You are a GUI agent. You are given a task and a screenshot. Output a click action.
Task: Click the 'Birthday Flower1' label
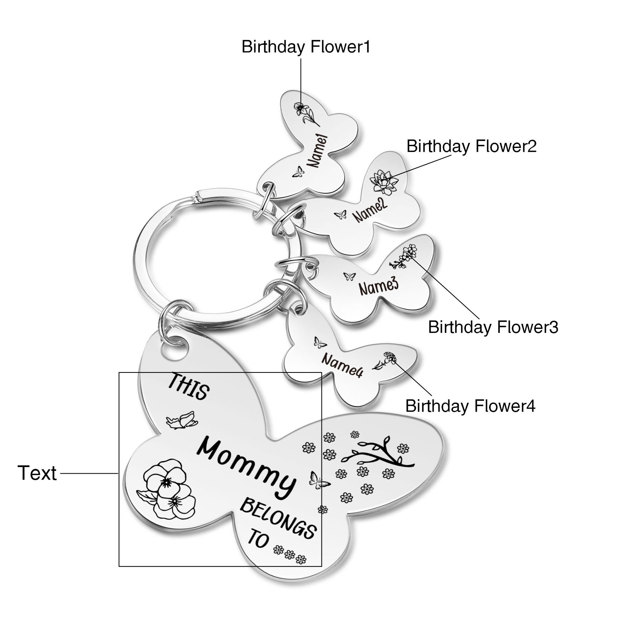(x=306, y=47)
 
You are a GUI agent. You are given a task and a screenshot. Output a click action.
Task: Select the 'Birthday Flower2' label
(x=471, y=146)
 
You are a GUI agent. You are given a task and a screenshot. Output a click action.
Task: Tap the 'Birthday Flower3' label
(x=493, y=327)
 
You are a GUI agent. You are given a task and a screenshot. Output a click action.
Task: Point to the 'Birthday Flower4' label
(x=470, y=405)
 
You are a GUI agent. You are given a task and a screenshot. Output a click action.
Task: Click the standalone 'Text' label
(x=37, y=473)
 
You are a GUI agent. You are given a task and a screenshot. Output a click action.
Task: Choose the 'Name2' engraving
(x=369, y=210)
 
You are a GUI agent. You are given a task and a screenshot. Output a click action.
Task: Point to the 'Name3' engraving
(x=378, y=286)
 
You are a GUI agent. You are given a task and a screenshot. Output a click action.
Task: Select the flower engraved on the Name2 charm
(x=384, y=182)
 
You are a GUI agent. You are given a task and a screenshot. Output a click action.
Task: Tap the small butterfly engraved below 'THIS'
(x=182, y=420)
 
